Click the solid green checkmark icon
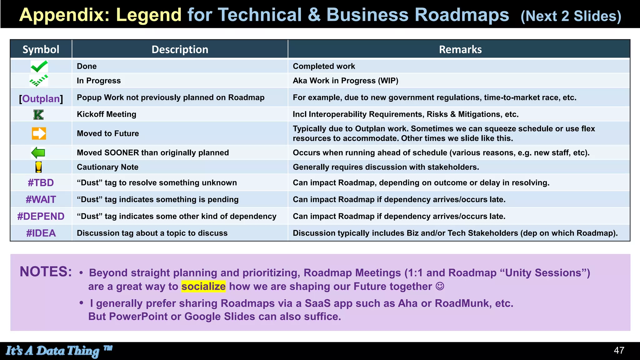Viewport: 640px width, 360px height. [x=39, y=66]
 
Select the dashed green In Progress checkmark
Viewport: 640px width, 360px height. [x=39, y=81]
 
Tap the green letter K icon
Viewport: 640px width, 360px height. [x=38, y=115]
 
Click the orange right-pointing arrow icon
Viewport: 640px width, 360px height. [x=39, y=133]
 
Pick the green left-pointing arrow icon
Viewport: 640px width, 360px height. [x=38, y=153]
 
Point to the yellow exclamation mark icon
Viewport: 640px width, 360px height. [x=38, y=167]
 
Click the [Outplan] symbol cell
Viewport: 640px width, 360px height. [x=41, y=99]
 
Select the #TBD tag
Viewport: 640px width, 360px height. [x=41, y=183]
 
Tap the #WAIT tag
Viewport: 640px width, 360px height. [x=41, y=200]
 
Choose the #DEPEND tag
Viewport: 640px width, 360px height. [x=41, y=216]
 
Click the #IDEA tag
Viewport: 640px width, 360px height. [x=41, y=233]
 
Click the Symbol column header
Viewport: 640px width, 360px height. [x=41, y=49]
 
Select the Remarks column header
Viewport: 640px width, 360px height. [x=460, y=49]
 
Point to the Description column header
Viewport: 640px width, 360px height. [x=180, y=49]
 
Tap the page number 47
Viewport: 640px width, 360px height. [x=619, y=351]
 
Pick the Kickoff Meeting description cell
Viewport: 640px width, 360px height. [x=107, y=114]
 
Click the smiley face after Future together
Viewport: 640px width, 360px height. [x=440, y=286]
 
